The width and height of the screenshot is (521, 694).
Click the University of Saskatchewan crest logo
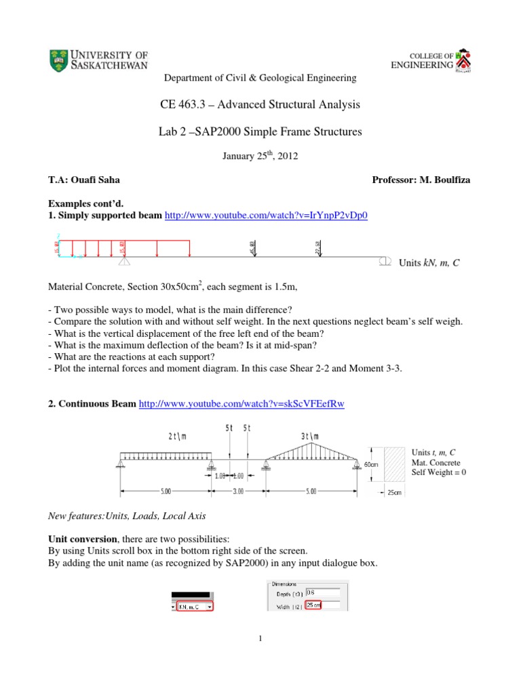coord(59,61)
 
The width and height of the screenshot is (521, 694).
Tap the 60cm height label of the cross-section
coord(370,465)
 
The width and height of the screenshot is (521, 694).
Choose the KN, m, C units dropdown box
coord(194,607)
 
